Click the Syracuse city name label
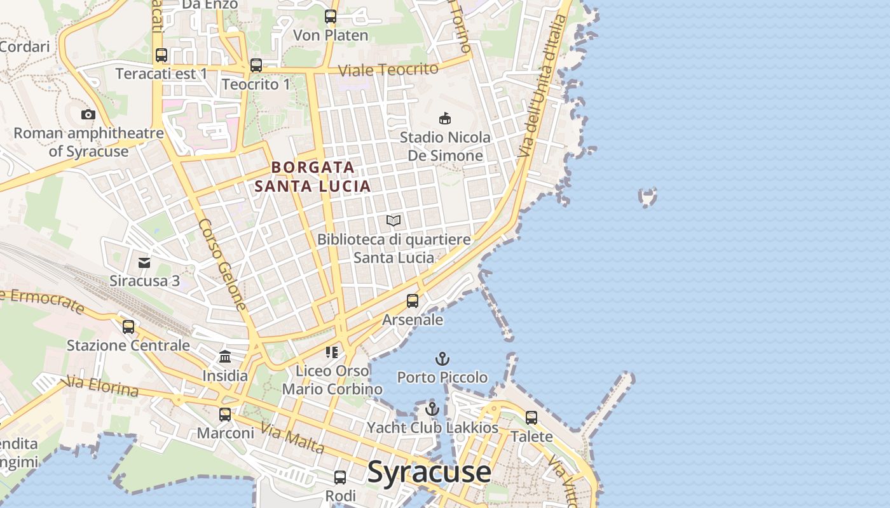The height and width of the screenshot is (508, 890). tap(429, 472)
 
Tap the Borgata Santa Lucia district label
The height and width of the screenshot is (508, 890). tap(312, 177)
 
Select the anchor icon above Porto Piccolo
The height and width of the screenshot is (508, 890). tap(442, 359)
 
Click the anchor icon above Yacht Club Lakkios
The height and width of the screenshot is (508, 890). tap(432, 409)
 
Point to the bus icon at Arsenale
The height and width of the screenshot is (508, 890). tap(413, 301)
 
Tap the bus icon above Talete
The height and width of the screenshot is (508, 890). tap(531, 418)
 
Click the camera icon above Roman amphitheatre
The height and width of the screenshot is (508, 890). tap(88, 115)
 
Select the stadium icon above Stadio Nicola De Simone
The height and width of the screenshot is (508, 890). tap(445, 118)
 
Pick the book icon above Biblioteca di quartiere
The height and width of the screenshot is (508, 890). tap(394, 221)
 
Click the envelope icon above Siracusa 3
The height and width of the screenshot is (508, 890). tap(144, 262)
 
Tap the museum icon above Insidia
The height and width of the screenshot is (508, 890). tap(225, 357)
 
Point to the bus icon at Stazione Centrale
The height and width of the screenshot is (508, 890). tap(128, 327)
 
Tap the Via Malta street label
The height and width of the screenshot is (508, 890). tap(293, 439)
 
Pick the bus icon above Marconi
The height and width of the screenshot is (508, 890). tap(225, 415)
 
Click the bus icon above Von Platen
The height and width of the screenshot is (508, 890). tap(331, 17)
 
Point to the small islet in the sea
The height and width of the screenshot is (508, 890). tap(647, 197)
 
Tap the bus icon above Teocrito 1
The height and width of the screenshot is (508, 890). tap(256, 65)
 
